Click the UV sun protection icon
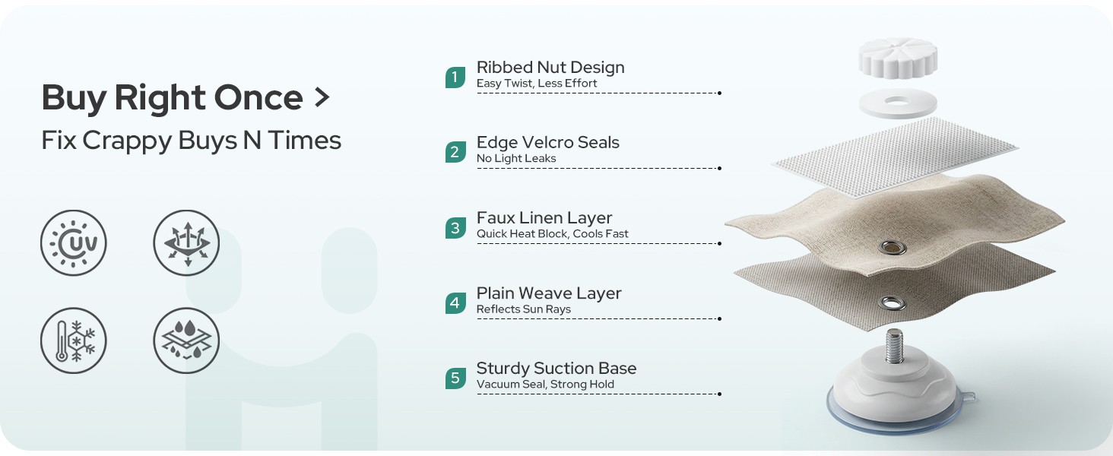pos(74,243)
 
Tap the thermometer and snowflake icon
pos(74,340)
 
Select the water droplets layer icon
pos(186,340)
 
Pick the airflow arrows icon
pos(186,243)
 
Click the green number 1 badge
pos(455,78)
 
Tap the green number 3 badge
pos(455,228)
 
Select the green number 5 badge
pos(455,378)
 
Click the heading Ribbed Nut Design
pos(550,68)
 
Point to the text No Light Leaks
pos(516,158)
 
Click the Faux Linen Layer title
pos(544,218)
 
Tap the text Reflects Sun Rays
pos(524,309)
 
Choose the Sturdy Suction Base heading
pos(556,369)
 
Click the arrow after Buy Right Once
pos(322,97)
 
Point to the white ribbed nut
pos(898,58)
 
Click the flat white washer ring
pos(898,103)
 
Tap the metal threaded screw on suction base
pos(894,346)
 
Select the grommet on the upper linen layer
pos(893,247)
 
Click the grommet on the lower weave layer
pos(893,302)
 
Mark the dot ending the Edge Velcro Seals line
pos(719,169)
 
